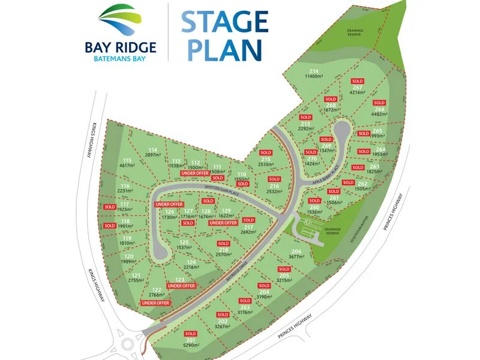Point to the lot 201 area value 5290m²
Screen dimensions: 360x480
[x=191, y=346]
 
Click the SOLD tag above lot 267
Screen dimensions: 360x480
[x=358, y=80]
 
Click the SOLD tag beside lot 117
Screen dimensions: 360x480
[x=109, y=206]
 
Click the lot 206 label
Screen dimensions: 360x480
[x=296, y=251]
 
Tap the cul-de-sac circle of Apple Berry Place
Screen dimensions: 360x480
[x=342, y=130]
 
